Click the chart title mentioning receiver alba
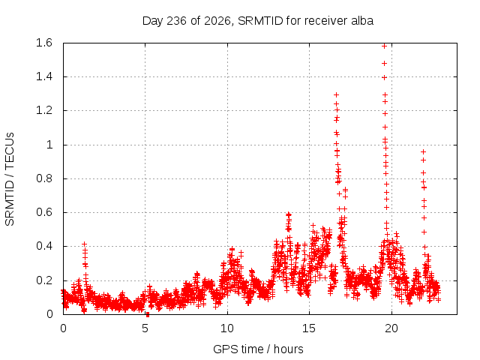coord(258,21)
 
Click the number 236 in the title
coord(176,21)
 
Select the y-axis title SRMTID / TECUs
coord(10,179)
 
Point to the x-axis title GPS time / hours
coord(258,349)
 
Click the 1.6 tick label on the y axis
coord(44,43)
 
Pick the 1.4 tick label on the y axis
coord(44,76)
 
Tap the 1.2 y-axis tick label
coord(44,110)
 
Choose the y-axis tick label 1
coord(49,145)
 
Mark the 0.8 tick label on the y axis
coord(44,178)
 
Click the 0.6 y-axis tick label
coord(44,212)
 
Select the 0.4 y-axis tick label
coord(44,246)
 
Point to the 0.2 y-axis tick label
coord(44,280)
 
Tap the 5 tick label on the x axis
coord(145,328)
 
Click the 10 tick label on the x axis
coord(227,328)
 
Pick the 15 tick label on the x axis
coord(309,328)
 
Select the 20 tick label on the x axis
coord(391,328)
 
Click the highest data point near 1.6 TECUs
coord(384,46)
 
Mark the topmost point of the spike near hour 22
coord(423,151)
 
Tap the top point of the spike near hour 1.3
coord(85,244)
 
